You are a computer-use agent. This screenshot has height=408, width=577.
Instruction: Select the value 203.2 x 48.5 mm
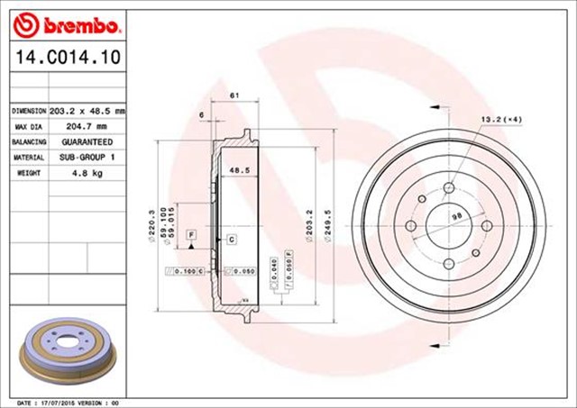87,110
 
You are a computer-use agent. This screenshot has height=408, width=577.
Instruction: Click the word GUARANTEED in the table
87,142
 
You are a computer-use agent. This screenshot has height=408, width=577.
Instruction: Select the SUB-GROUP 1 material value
87,158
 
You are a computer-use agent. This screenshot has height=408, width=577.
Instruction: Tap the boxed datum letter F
191,235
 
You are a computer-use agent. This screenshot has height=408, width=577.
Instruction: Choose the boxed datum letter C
232,239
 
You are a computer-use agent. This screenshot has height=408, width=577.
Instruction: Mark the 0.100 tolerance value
187,270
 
